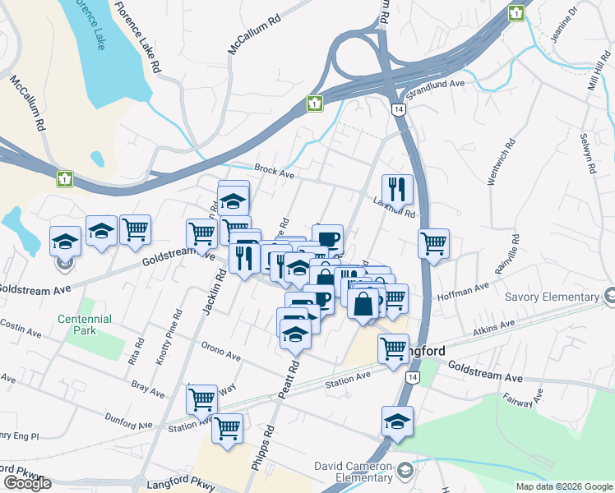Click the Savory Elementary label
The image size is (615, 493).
552,297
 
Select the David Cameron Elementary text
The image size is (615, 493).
353,472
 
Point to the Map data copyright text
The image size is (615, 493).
563,486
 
